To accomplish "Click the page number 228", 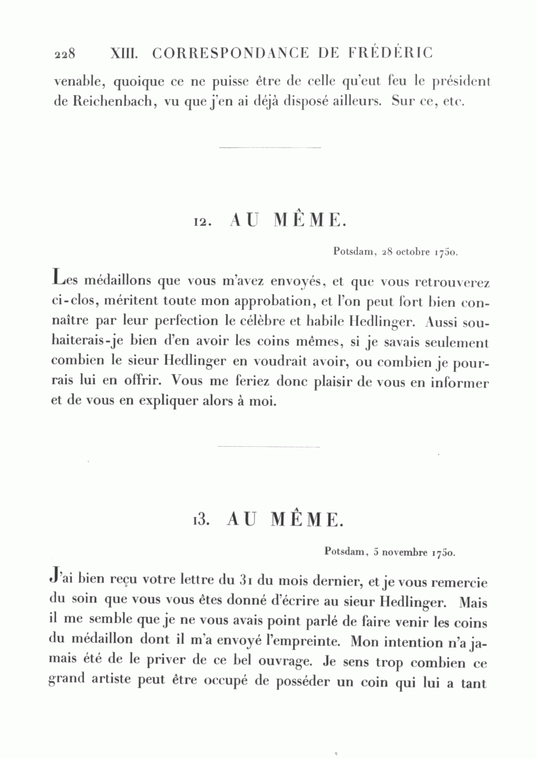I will (64, 54).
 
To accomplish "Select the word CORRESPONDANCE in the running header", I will (231, 53).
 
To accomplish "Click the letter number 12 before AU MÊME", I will (200, 222).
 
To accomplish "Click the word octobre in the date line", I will (413, 252).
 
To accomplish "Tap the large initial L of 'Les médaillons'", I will (58, 278).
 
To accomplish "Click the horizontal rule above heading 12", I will (270, 147).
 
